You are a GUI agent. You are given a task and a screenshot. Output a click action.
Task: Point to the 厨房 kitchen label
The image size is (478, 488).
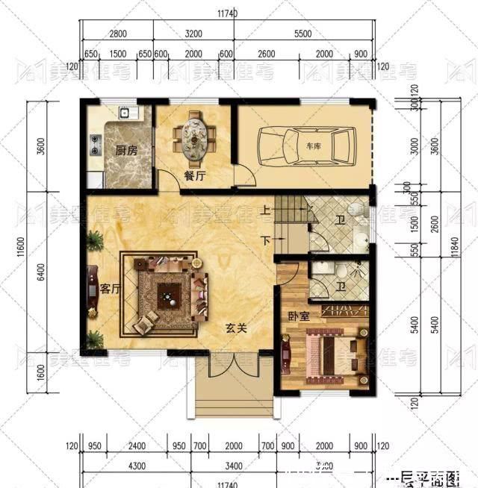tap(125, 150)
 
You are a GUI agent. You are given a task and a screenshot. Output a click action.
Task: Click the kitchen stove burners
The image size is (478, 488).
tap(96, 143)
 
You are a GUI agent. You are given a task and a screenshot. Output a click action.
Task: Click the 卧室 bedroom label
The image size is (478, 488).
tap(298, 317)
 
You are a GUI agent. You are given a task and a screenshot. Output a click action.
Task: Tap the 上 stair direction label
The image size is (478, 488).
tap(265, 211)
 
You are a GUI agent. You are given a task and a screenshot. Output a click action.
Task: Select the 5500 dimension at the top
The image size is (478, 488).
tap(302, 34)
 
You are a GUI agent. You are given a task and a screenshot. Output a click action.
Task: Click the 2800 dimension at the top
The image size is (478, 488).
tap(118, 34)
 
